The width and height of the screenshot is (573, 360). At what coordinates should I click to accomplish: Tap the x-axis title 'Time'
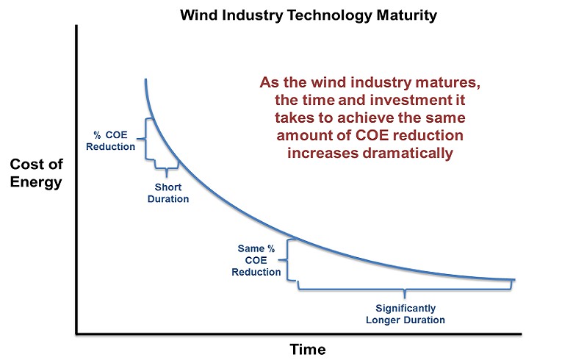(308, 348)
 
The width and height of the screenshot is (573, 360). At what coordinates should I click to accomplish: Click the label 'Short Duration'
(168, 193)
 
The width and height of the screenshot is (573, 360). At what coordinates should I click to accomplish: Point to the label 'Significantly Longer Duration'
(406, 314)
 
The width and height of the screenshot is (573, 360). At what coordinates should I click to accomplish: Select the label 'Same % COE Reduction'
(256, 260)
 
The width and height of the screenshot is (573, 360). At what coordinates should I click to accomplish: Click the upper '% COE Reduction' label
(110, 140)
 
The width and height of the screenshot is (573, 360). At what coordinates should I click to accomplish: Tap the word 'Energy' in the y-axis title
(36, 182)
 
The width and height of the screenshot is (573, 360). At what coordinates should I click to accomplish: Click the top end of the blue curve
(145, 79)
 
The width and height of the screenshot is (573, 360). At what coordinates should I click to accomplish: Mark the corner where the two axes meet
(76, 334)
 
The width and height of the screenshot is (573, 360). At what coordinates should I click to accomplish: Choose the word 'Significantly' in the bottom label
(406, 309)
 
